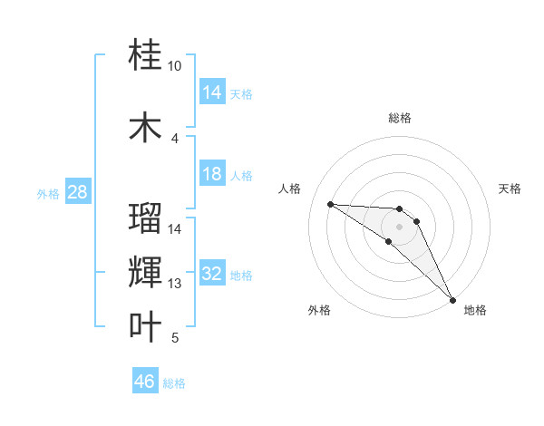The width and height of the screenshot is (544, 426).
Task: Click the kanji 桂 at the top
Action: point(146,56)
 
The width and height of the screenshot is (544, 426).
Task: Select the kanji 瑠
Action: point(146,218)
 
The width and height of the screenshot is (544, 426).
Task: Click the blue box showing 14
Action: point(212,92)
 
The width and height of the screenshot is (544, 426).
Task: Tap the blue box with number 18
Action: point(212,174)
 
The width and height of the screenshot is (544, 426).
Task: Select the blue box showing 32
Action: point(212,274)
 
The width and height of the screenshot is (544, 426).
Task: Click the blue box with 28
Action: point(77,192)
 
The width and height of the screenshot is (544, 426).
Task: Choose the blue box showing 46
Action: point(145,382)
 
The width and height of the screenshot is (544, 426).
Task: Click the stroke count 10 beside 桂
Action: point(174,66)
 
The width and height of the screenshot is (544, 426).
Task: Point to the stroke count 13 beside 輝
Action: point(175,284)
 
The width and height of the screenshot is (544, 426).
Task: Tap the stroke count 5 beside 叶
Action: point(175,338)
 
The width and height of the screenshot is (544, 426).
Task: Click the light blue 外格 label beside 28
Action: point(48,193)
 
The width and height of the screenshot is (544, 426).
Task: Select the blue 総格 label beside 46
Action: point(174,382)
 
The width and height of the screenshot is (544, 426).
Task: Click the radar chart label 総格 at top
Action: point(399,118)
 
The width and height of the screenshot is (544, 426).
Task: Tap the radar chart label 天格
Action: point(510,189)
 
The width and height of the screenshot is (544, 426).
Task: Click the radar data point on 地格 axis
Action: point(452,299)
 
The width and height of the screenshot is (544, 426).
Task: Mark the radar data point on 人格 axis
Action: point(331,204)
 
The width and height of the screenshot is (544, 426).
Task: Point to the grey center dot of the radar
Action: point(399,226)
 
